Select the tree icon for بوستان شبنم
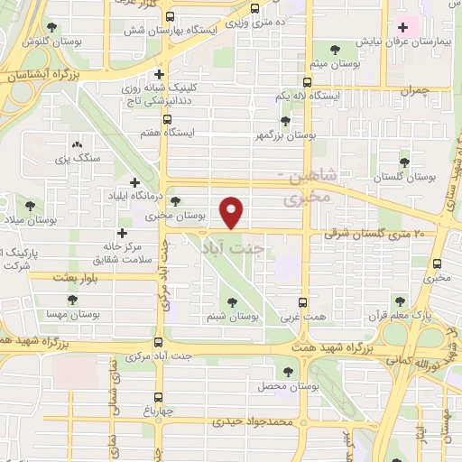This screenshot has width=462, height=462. (x=234, y=302)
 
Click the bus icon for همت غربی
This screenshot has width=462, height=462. (x=302, y=303)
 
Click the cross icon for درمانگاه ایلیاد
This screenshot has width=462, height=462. (x=134, y=181)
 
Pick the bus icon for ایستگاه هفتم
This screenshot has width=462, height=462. (x=167, y=118)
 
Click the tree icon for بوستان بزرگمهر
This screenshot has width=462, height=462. (x=286, y=120)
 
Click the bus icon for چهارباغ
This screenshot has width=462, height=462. (x=159, y=397)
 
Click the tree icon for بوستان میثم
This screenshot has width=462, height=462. (x=335, y=50)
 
